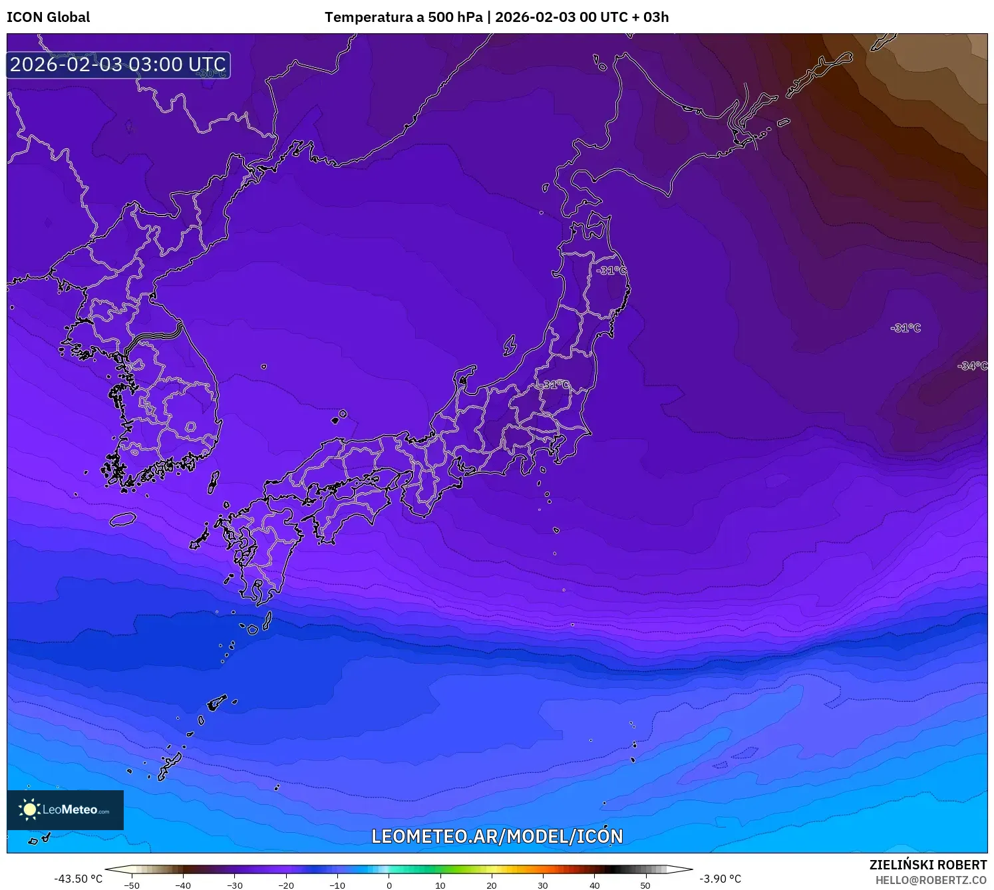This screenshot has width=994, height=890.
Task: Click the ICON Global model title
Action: pyautogui.click(x=48, y=17)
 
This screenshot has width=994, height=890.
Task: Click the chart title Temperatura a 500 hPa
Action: pyautogui.click(x=403, y=17)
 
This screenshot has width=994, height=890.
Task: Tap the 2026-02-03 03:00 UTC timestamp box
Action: pyautogui.click(x=118, y=65)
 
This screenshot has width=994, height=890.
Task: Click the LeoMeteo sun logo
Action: pyautogui.click(x=29, y=810)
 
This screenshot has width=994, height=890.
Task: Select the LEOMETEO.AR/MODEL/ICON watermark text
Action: pyautogui.click(x=497, y=836)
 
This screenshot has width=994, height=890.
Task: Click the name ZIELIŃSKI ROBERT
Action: pyautogui.click(x=927, y=865)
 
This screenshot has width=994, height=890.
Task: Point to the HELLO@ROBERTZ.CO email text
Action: pyautogui.click(x=931, y=880)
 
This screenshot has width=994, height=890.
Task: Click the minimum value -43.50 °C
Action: pyautogui.click(x=79, y=879)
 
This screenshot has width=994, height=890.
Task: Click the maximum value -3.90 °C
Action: pyautogui.click(x=720, y=879)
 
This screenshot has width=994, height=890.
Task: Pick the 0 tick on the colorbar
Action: pyautogui.click(x=389, y=885)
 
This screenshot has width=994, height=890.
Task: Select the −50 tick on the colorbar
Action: pyautogui.click(x=132, y=885)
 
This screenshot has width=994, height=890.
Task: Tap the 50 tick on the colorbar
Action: pyautogui.click(x=645, y=885)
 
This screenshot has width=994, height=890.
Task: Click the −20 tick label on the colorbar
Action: pyautogui.click(x=285, y=885)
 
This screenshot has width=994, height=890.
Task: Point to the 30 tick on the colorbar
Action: pyautogui.click(x=543, y=885)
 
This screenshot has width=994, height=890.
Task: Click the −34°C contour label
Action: pyautogui.click(x=972, y=366)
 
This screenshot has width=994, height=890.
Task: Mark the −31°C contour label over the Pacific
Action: pyautogui.click(x=906, y=328)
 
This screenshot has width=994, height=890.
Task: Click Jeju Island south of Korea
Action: pyautogui.click(x=123, y=519)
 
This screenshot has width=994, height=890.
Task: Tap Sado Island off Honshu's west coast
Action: pyautogui.click(x=510, y=345)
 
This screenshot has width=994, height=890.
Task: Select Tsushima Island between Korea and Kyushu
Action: pyautogui.click(x=214, y=482)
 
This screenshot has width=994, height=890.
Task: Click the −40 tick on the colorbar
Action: pyautogui.click(x=183, y=885)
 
